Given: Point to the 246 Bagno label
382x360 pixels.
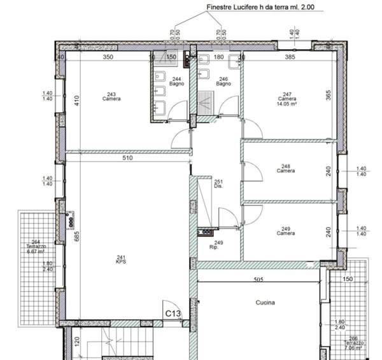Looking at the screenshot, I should pyautogui.click(x=223, y=82).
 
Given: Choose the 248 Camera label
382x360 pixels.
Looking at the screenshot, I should pyautogui.click(x=285, y=169).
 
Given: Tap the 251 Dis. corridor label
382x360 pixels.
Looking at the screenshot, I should pyautogui.click(x=218, y=184).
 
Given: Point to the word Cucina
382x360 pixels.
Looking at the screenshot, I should pyautogui.click(x=265, y=303).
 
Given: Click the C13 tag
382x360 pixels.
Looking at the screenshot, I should pyautogui.click(x=174, y=313).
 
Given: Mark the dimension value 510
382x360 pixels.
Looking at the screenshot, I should pyautogui.click(x=127, y=159).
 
